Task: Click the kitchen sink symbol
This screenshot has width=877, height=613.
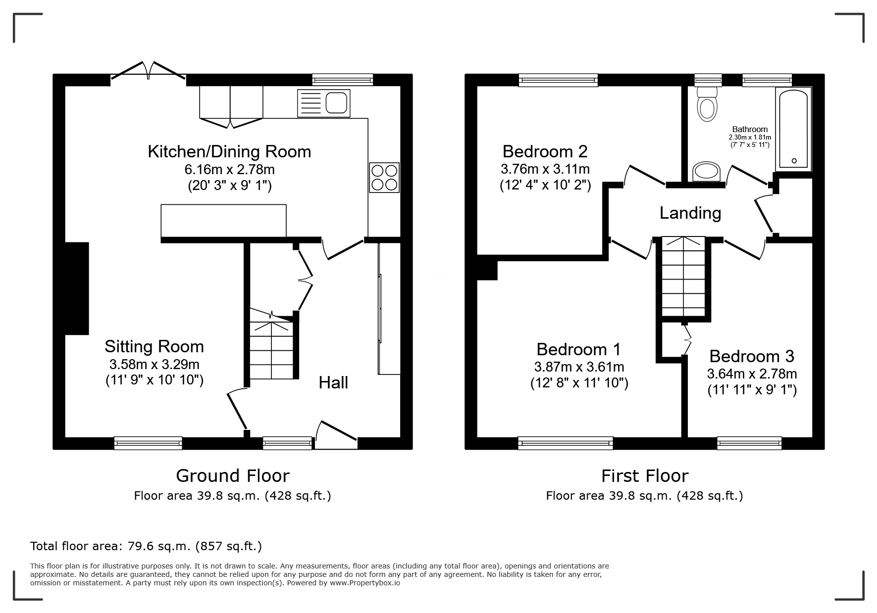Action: (x=324, y=103)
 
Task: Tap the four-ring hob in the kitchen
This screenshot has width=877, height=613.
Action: (x=384, y=178)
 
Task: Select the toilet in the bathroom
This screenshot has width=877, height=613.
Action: (x=707, y=104)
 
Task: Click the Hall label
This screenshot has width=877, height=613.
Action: (x=333, y=382)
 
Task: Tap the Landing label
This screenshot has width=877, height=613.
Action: (x=690, y=213)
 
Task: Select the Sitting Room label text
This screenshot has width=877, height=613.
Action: (x=154, y=346)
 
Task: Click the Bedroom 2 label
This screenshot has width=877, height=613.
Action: (x=545, y=151)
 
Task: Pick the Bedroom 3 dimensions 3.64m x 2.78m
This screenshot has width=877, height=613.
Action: (x=752, y=374)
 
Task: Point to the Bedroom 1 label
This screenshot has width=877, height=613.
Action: (x=578, y=349)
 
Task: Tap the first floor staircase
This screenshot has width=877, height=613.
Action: (x=684, y=277)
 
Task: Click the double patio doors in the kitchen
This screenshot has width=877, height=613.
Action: (x=149, y=71)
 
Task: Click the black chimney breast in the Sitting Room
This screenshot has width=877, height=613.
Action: (x=77, y=288)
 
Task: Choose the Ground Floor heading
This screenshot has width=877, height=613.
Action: (x=233, y=476)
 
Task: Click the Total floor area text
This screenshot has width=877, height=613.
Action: (x=146, y=546)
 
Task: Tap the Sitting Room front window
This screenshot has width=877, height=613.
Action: (x=148, y=443)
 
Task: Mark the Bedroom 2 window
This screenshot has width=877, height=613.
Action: (x=558, y=80)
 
